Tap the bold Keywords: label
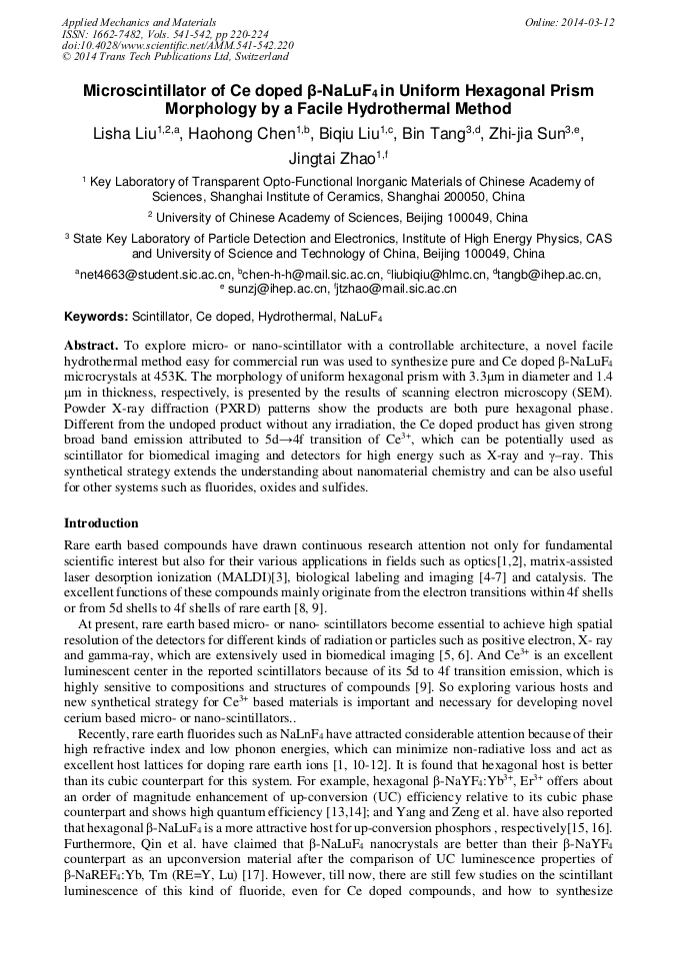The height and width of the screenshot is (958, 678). (96, 317)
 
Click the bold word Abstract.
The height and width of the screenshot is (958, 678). (90, 344)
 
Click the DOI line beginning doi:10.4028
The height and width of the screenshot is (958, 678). (177, 45)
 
